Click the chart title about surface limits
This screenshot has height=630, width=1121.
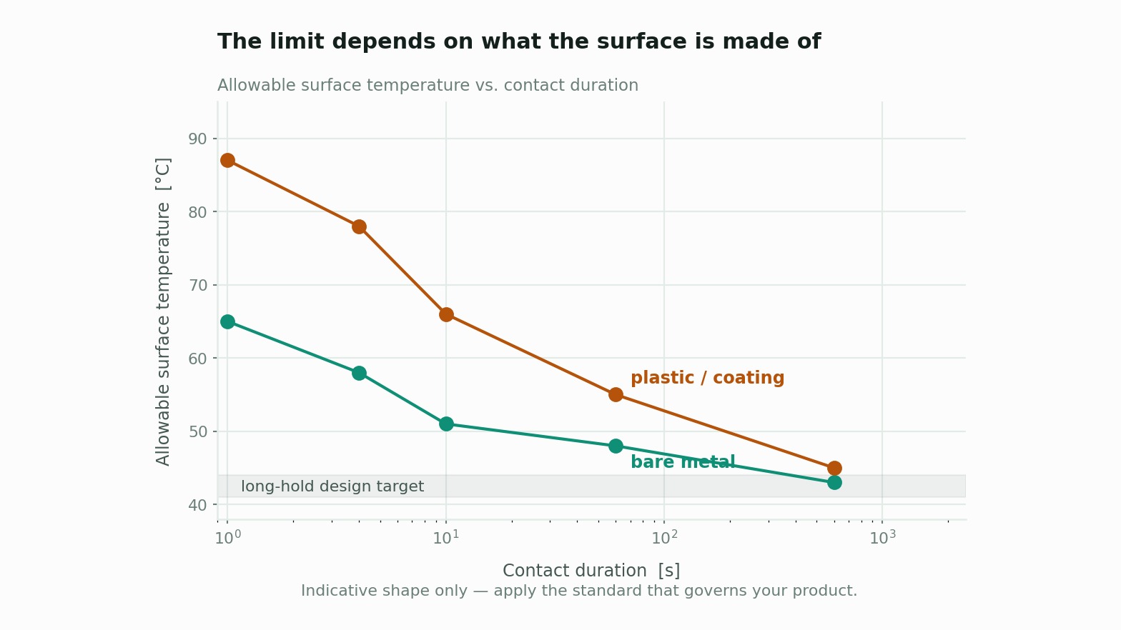[x=519, y=41]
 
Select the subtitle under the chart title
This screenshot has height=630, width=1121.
[x=428, y=85]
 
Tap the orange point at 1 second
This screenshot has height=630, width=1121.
[x=227, y=161]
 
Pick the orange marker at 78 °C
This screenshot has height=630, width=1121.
[x=359, y=227]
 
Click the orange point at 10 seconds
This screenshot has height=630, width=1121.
[x=446, y=314]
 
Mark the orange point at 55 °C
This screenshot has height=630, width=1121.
[x=616, y=395]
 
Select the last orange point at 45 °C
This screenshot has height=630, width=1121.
[x=834, y=468]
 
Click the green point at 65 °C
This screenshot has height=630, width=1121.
[x=227, y=321]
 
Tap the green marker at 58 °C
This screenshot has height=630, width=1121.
[x=359, y=373]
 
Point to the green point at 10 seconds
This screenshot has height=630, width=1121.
[x=446, y=424]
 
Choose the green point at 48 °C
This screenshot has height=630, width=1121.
[x=616, y=446]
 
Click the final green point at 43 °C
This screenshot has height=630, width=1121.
[x=834, y=483]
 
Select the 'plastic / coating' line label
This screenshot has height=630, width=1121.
[x=708, y=378]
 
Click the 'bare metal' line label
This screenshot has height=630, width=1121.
[x=683, y=461]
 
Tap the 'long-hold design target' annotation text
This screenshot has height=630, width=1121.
[x=332, y=486]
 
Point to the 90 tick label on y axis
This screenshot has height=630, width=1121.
[x=197, y=139]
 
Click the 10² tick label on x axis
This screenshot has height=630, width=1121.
[x=664, y=537]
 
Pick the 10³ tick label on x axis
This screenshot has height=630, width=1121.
[x=882, y=537]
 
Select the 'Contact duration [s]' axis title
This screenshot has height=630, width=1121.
[x=591, y=571]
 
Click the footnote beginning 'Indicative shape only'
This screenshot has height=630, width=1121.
[x=579, y=591]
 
